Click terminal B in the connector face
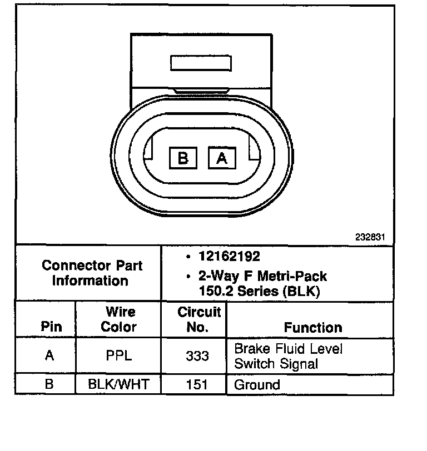tap(183, 158)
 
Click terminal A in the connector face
tap(222, 158)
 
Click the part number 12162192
tap(229, 257)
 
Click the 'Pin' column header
tap(51, 327)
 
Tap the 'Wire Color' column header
tap(118, 319)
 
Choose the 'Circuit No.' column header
tap(198, 319)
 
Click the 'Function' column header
tap(313, 327)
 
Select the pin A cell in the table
tap(49, 356)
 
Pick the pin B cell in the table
tap(49, 384)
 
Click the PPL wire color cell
tap(118, 356)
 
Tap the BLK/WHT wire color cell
tap(118, 384)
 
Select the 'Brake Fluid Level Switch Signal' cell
tap(288, 356)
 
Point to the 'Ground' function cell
tap(257, 384)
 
